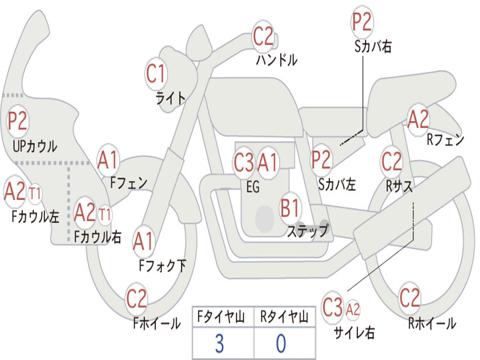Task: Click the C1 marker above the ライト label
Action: pos(156,74)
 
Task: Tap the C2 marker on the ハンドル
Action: pos(263,36)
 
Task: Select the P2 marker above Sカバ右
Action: pos(362,22)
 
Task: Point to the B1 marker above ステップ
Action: pos(290,208)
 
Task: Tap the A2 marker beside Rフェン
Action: pos(418,120)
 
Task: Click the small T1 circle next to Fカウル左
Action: pos(35,193)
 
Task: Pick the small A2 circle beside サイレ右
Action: pos(353,309)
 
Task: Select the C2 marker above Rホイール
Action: pos(410,298)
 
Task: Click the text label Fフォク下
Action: pos(162,266)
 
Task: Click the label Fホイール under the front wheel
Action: pos(157,323)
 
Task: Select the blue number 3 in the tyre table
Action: pos(219,344)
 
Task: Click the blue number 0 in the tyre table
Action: pos(281,344)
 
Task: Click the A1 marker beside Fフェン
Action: pos(108,160)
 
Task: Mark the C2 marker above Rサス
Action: pos(391,162)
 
